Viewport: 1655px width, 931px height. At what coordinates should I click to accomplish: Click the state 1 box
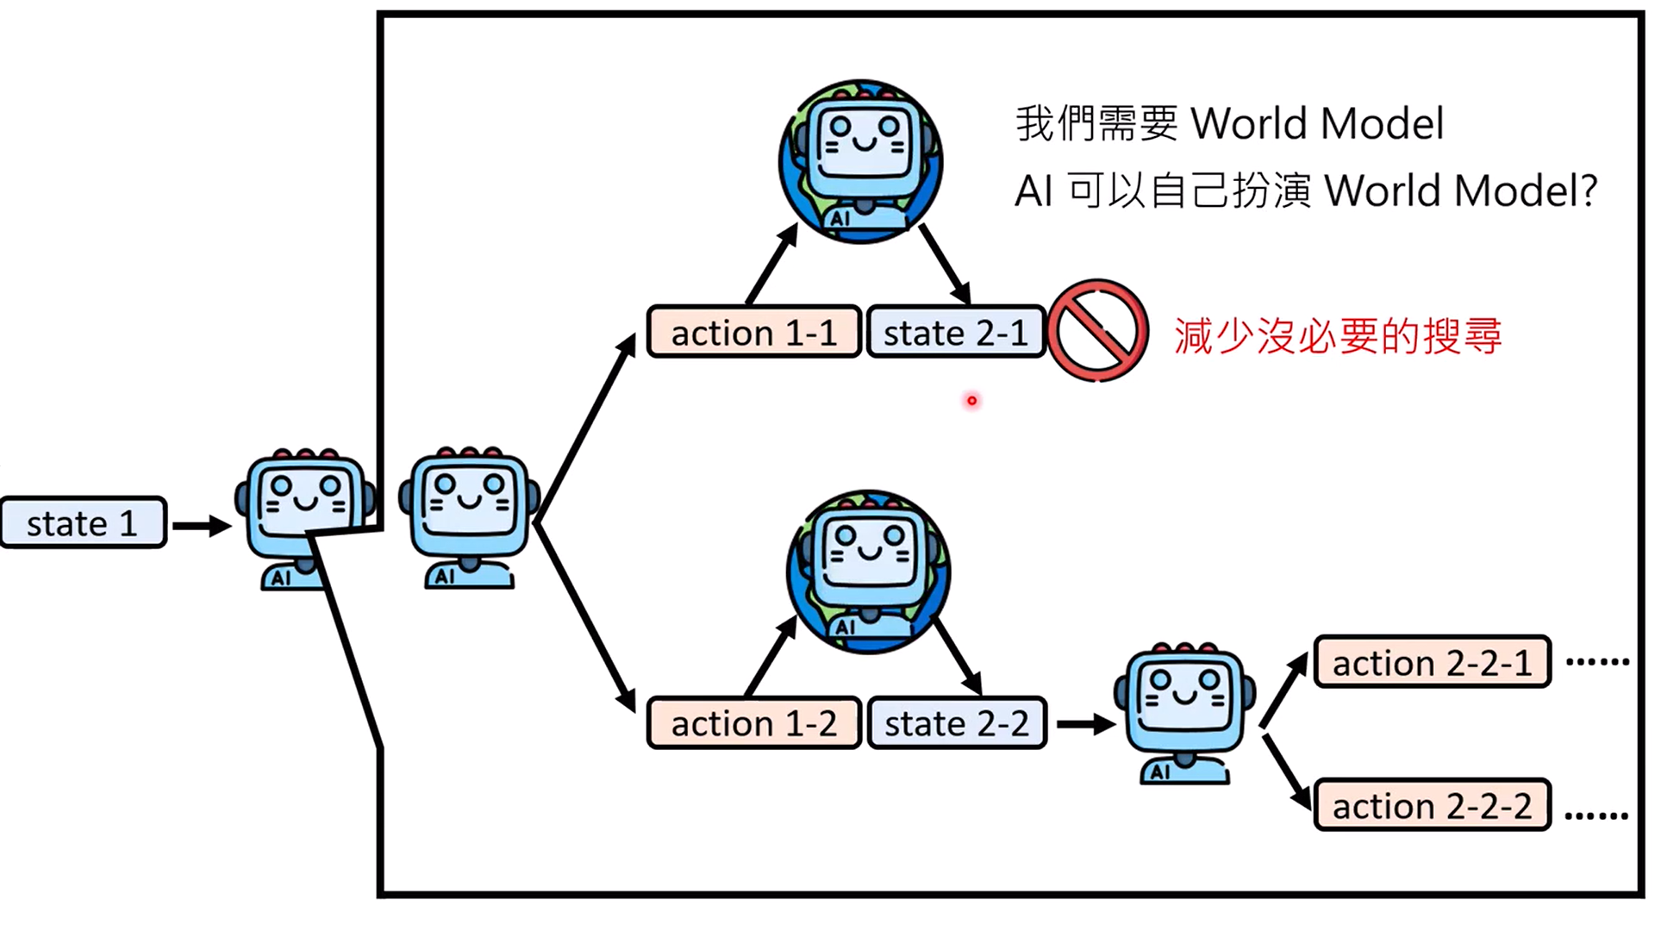pyautogui.click(x=83, y=522)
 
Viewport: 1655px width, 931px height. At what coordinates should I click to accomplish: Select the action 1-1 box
pyautogui.click(x=753, y=332)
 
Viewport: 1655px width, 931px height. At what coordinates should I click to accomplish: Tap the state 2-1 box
pyautogui.click(x=955, y=332)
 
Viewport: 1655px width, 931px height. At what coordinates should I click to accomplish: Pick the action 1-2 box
pyautogui.click(x=753, y=722)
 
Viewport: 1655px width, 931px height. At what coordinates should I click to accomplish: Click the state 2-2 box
pyautogui.click(x=956, y=722)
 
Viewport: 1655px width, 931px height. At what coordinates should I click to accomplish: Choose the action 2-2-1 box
pyautogui.click(x=1432, y=662)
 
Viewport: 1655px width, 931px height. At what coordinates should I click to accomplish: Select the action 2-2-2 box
pyautogui.click(x=1432, y=805)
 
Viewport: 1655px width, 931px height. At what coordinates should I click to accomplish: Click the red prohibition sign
pyautogui.click(x=1097, y=330)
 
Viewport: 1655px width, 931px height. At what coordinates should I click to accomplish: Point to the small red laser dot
pyautogui.click(x=971, y=401)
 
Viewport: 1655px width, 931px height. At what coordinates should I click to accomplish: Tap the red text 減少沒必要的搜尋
pyautogui.click(x=1338, y=335)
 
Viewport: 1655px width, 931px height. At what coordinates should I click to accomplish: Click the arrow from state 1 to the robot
pyautogui.click(x=202, y=525)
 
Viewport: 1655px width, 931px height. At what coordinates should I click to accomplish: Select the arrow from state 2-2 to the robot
pyautogui.click(x=1085, y=724)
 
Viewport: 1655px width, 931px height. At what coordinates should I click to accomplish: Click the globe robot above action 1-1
pyautogui.click(x=860, y=162)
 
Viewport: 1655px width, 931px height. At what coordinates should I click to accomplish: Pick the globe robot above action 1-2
pyautogui.click(x=868, y=572)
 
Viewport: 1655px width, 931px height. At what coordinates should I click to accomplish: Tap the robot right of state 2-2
pyautogui.click(x=1184, y=712)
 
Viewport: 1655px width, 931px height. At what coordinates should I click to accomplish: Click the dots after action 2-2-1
pyautogui.click(x=1597, y=662)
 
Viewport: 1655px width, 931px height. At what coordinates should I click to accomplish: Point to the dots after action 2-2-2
pyautogui.click(x=1596, y=815)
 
